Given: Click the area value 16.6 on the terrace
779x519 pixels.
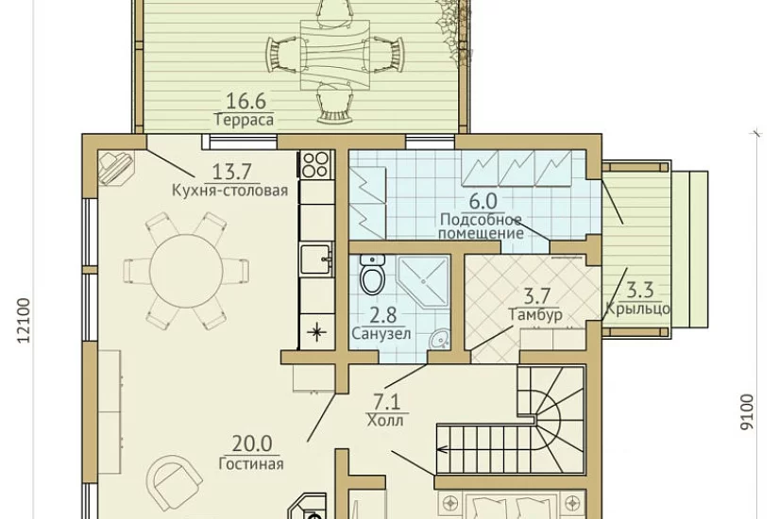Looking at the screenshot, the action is [x=246, y=101].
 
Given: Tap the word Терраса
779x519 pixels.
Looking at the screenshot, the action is [x=245, y=120].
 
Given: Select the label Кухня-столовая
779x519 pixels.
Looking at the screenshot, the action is [x=230, y=191].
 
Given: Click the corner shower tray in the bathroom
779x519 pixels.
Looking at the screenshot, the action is [x=423, y=279].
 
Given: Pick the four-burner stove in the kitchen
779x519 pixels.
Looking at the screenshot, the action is [x=316, y=164].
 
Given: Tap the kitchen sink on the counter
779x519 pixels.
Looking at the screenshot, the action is [x=316, y=259].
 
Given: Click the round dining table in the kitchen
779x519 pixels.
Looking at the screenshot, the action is [x=186, y=270].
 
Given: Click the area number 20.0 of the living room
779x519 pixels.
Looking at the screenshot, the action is [x=252, y=444].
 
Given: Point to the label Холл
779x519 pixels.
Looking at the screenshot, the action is [x=385, y=421].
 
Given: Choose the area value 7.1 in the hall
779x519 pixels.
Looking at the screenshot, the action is [x=388, y=401].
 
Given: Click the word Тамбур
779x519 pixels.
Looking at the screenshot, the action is [x=535, y=315].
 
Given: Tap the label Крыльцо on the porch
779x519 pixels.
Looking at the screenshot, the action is [x=637, y=309].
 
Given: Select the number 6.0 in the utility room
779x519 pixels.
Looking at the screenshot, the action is [x=483, y=201].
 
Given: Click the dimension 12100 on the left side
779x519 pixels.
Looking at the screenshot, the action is [x=24, y=320].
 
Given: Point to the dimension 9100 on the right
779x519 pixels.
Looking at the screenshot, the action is [x=746, y=412].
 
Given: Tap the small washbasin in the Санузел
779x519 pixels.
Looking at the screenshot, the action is [x=440, y=340].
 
